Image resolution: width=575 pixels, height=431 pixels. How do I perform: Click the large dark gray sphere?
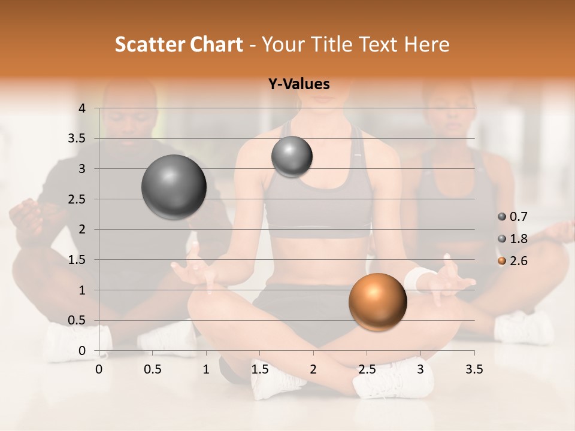click(x=174, y=187)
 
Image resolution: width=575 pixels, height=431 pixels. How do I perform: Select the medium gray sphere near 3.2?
click(x=292, y=157)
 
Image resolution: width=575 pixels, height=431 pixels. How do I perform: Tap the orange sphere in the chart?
click(x=377, y=302)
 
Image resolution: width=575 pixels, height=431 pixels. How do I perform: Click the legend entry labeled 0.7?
click(x=513, y=217)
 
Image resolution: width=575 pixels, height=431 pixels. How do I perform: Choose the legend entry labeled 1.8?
click(x=513, y=239)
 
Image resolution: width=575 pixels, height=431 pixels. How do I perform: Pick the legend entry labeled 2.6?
click(x=513, y=261)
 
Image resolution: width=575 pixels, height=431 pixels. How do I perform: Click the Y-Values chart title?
click(x=299, y=84)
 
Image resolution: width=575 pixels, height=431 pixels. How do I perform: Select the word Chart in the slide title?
click(x=217, y=44)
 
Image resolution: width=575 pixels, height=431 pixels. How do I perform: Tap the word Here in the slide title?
click(x=426, y=44)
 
